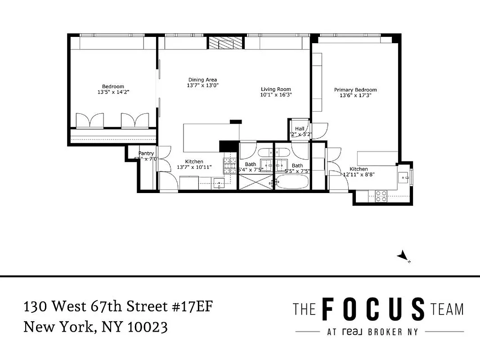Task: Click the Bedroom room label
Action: click(113, 86)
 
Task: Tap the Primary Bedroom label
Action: click(355, 90)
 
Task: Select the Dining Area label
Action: click(202, 80)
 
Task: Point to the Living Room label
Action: click(276, 90)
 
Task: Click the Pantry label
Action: click(146, 153)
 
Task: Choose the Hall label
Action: click(300, 129)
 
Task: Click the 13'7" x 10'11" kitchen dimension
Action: click(194, 167)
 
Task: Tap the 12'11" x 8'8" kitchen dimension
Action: click(359, 174)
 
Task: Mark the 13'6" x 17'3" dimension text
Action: click(355, 95)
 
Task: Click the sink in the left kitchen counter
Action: click(219, 183)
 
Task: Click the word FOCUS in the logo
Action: click(373, 310)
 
